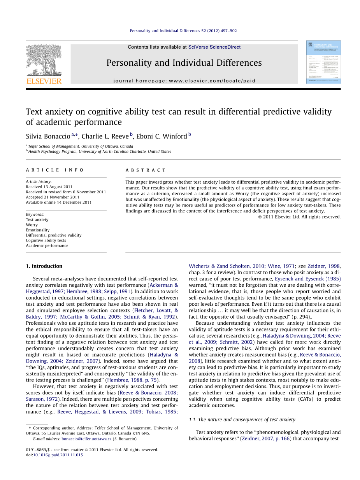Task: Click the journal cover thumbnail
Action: click(323, 62)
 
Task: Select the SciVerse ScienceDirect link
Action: click(214, 47)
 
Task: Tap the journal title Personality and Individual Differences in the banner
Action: click(184, 63)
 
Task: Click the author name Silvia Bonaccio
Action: click(48, 136)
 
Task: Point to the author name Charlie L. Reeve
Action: click(105, 136)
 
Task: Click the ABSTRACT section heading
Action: click(146, 170)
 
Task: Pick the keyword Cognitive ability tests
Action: click(46, 240)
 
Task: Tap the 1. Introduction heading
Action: click(44, 266)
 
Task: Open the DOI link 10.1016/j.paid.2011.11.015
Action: click(58, 455)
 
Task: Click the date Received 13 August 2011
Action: click(49, 187)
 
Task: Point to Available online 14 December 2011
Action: click(59, 202)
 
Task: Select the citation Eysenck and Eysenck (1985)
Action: click(307, 279)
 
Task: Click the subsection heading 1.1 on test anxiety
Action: click(242, 419)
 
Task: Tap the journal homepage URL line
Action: click(184, 81)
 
